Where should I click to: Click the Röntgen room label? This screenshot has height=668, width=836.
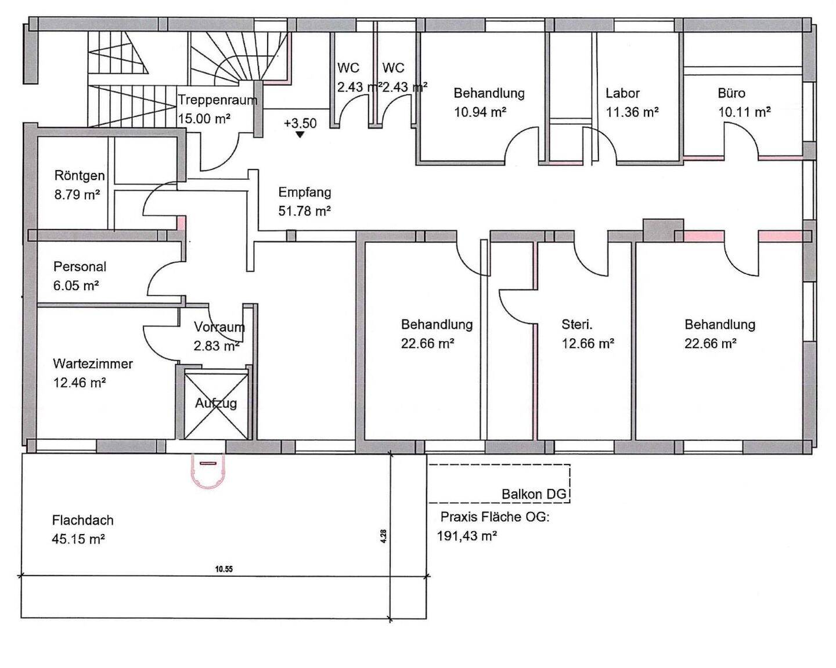point(80,176)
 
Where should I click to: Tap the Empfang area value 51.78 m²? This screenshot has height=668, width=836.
point(305,211)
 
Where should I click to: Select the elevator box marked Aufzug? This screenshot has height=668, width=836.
point(216,405)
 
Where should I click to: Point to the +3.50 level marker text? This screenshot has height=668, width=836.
point(300,124)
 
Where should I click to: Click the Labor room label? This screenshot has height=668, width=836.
point(622,93)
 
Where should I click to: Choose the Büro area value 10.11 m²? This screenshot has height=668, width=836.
point(744,112)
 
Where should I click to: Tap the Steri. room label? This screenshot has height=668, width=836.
point(577,325)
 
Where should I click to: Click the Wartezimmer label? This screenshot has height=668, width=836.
point(93,364)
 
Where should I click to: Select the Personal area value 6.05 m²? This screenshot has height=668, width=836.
point(76,286)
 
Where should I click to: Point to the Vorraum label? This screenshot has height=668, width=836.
point(219,327)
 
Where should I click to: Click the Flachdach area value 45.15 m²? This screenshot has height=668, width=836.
point(78,539)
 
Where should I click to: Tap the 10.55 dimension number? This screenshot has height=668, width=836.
point(224,569)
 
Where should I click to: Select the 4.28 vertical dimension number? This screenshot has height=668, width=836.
point(383,536)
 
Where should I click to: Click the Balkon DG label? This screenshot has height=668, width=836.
point(534,494)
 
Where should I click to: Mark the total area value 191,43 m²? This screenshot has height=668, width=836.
point(467,536)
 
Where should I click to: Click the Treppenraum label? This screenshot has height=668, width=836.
point(218,100)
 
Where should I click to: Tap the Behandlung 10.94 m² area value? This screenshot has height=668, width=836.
point(480,112)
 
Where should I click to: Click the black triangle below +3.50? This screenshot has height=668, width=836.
point(300,135)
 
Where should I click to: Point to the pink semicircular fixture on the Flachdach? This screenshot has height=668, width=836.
point(207,470)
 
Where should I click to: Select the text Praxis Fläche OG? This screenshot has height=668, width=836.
point(495,517)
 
